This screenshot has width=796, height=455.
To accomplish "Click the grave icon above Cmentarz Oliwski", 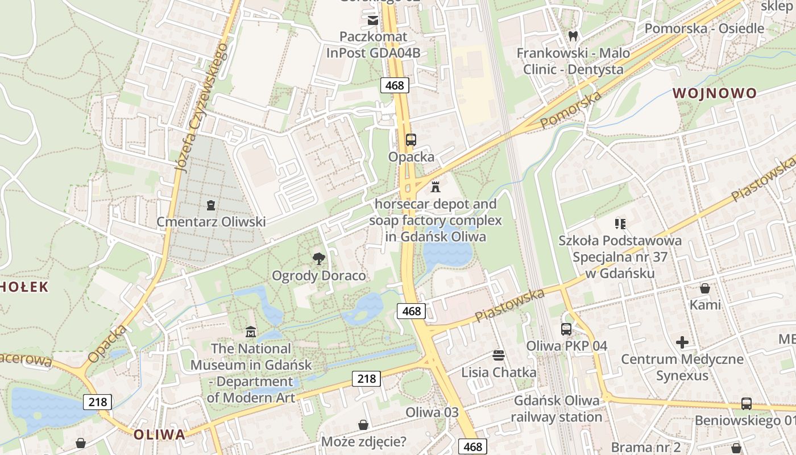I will [x=211, y=205].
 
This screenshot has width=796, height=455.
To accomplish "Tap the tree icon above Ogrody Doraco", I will [x=319, y=259].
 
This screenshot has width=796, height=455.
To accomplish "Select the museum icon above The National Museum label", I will [x=250, y=332].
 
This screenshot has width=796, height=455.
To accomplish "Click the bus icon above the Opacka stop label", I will [x=411, y=139].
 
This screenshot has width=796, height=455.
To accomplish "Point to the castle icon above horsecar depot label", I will [x=436, y=187].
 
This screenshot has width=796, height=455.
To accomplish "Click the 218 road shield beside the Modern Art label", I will [x=366, y=378].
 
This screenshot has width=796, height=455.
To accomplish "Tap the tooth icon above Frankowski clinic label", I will [x=573, y=36].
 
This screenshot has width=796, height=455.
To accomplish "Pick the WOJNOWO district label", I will [x=715, y=93].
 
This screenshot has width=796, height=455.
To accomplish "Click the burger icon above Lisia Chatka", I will [x=499, y=355].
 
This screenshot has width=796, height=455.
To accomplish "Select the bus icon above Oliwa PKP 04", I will [x=566, y=329].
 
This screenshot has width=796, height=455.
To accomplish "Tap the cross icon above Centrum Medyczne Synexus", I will [x=682, y=342].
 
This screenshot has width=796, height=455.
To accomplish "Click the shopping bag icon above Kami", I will [x=705, y=288].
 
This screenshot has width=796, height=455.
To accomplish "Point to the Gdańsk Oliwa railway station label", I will [x=556, y=408].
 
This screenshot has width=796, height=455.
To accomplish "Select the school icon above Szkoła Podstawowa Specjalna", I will [x=620, y=224].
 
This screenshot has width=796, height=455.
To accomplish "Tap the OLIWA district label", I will [x=159, y=435].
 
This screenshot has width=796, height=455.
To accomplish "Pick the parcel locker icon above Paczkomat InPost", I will [x=373, y=21].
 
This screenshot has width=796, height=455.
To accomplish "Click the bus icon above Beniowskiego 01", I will [x=746, y=404].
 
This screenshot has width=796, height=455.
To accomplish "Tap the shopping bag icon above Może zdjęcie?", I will [x=363, y=425].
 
